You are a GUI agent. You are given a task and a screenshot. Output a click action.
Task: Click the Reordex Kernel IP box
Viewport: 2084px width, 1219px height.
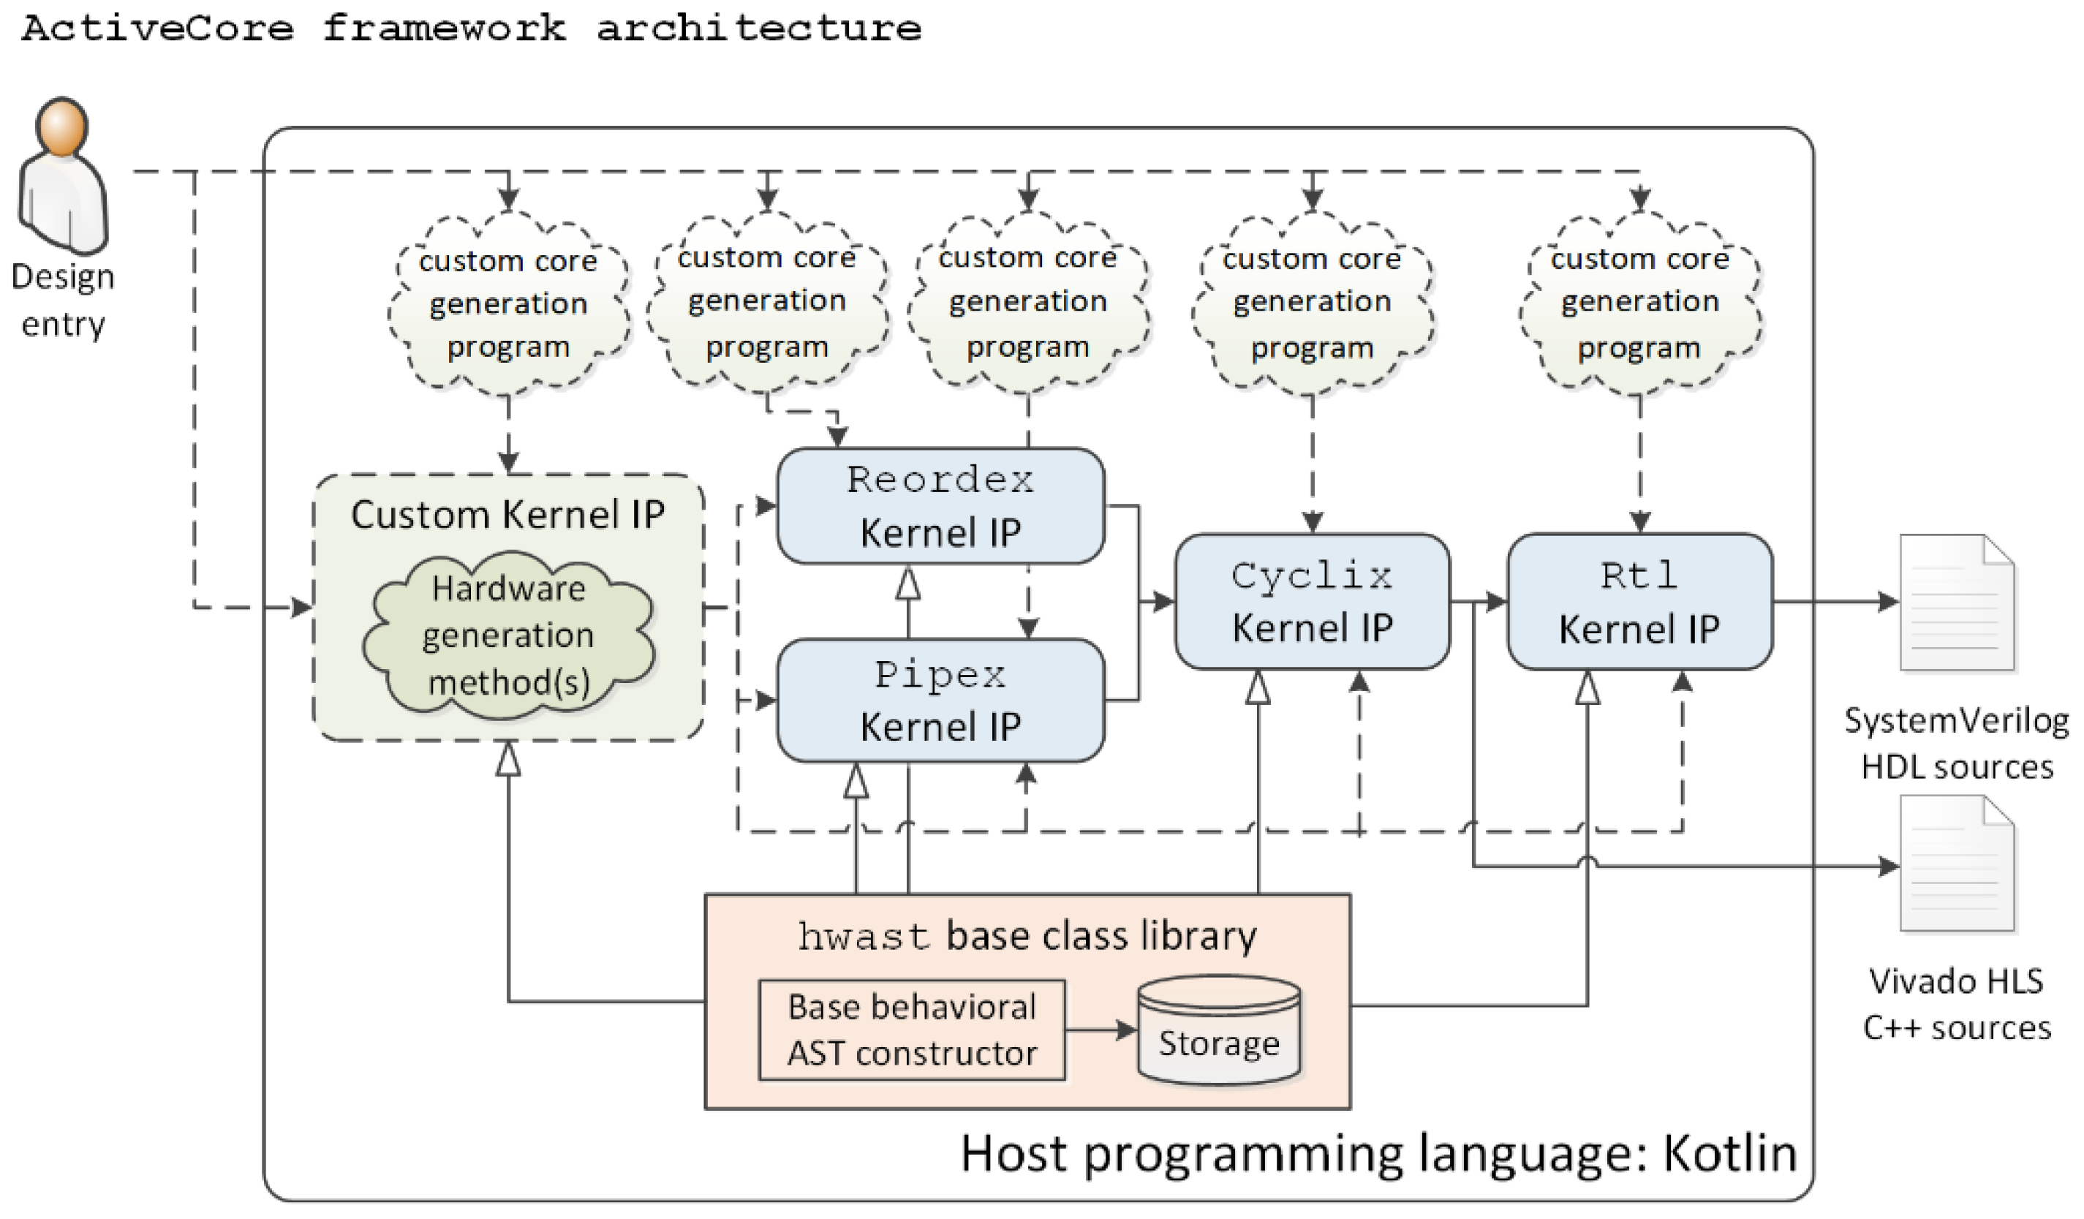[940, 506]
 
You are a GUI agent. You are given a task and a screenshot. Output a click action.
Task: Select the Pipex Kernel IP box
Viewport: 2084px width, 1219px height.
[940, 701]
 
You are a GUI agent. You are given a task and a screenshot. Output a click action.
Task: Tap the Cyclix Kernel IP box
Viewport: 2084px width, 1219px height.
[1312, 601]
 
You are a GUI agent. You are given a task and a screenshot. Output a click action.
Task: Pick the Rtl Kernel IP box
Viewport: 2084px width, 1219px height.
[1639, 601]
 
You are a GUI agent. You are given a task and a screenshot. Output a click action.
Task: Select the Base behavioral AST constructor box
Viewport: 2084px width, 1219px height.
[911, 1030]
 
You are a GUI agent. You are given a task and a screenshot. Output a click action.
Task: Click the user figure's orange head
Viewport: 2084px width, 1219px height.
[61, 127]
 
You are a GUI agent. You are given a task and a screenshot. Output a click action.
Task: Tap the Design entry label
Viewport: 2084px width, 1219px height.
[63, 299]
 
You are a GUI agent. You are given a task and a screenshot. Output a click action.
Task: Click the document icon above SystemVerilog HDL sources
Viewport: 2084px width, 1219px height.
[1957, 602]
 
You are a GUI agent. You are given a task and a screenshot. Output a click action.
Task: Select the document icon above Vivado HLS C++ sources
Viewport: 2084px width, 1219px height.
[1957, 864]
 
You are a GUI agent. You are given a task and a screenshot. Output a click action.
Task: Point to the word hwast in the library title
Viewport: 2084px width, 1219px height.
[864, 937]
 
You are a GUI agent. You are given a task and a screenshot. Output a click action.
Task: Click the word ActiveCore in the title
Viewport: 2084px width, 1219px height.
[157, 29]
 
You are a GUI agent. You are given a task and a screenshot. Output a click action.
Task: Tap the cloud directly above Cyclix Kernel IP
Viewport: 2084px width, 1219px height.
[1313, 303]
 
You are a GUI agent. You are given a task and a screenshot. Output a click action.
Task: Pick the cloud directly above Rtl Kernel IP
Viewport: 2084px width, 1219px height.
[1640, 303]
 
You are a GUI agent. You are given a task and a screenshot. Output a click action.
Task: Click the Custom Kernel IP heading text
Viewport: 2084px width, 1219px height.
[507, 514]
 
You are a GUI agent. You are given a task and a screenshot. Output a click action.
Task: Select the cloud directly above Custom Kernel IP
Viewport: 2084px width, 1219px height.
[507, 303]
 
